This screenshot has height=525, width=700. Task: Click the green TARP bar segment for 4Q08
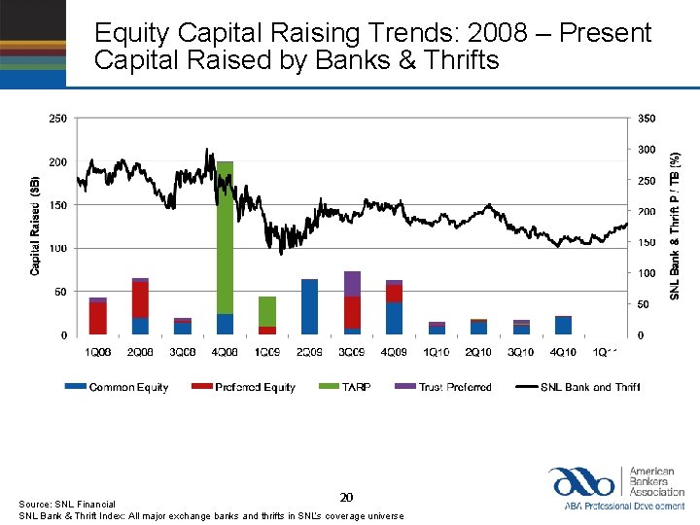[225, 238]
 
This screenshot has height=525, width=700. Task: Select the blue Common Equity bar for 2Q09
[309, 306]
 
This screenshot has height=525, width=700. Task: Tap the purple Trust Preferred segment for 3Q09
[352, 284]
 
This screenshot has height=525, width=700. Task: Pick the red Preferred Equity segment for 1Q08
[98, 318]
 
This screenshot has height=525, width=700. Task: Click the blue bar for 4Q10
[563, 325]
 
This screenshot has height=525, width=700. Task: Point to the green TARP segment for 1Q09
[267, 311]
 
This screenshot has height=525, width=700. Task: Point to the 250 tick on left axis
[58, 119]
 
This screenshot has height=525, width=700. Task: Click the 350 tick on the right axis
[647, 119]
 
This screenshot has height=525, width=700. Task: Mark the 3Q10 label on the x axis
[521, 351]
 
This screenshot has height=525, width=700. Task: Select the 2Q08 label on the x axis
[140, 351]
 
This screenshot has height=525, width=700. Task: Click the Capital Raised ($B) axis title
[35, 226]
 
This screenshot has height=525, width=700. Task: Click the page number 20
[346, 497]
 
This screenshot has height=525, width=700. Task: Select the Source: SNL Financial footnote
[67, 504]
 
